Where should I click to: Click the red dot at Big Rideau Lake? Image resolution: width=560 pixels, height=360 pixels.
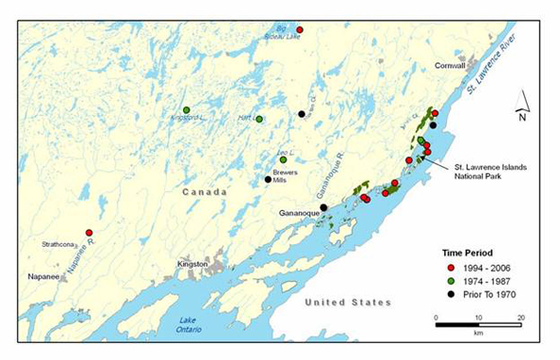pyautogui.click(x=299, y=30)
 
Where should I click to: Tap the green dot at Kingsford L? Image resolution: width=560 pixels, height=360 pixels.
pyautogui.click(x=187, y=109)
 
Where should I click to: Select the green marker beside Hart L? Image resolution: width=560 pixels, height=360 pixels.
pyautogui.click(x=259, y=119)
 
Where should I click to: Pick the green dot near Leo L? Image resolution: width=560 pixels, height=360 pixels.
pyautogui.click(x=283, y=160)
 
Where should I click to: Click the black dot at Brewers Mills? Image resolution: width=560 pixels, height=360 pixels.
pyautogui.click(x=268, y=180)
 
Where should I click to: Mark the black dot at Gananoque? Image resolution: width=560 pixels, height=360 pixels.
pyautogui.click(x=324, y=207)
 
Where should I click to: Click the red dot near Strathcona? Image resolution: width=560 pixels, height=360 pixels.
pyautogui.click(x=89, y=233)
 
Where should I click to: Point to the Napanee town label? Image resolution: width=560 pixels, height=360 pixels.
pyautogui.click(x=42, y=276)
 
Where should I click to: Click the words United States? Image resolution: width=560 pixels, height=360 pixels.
pyautogui.click(x=348, y=302)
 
